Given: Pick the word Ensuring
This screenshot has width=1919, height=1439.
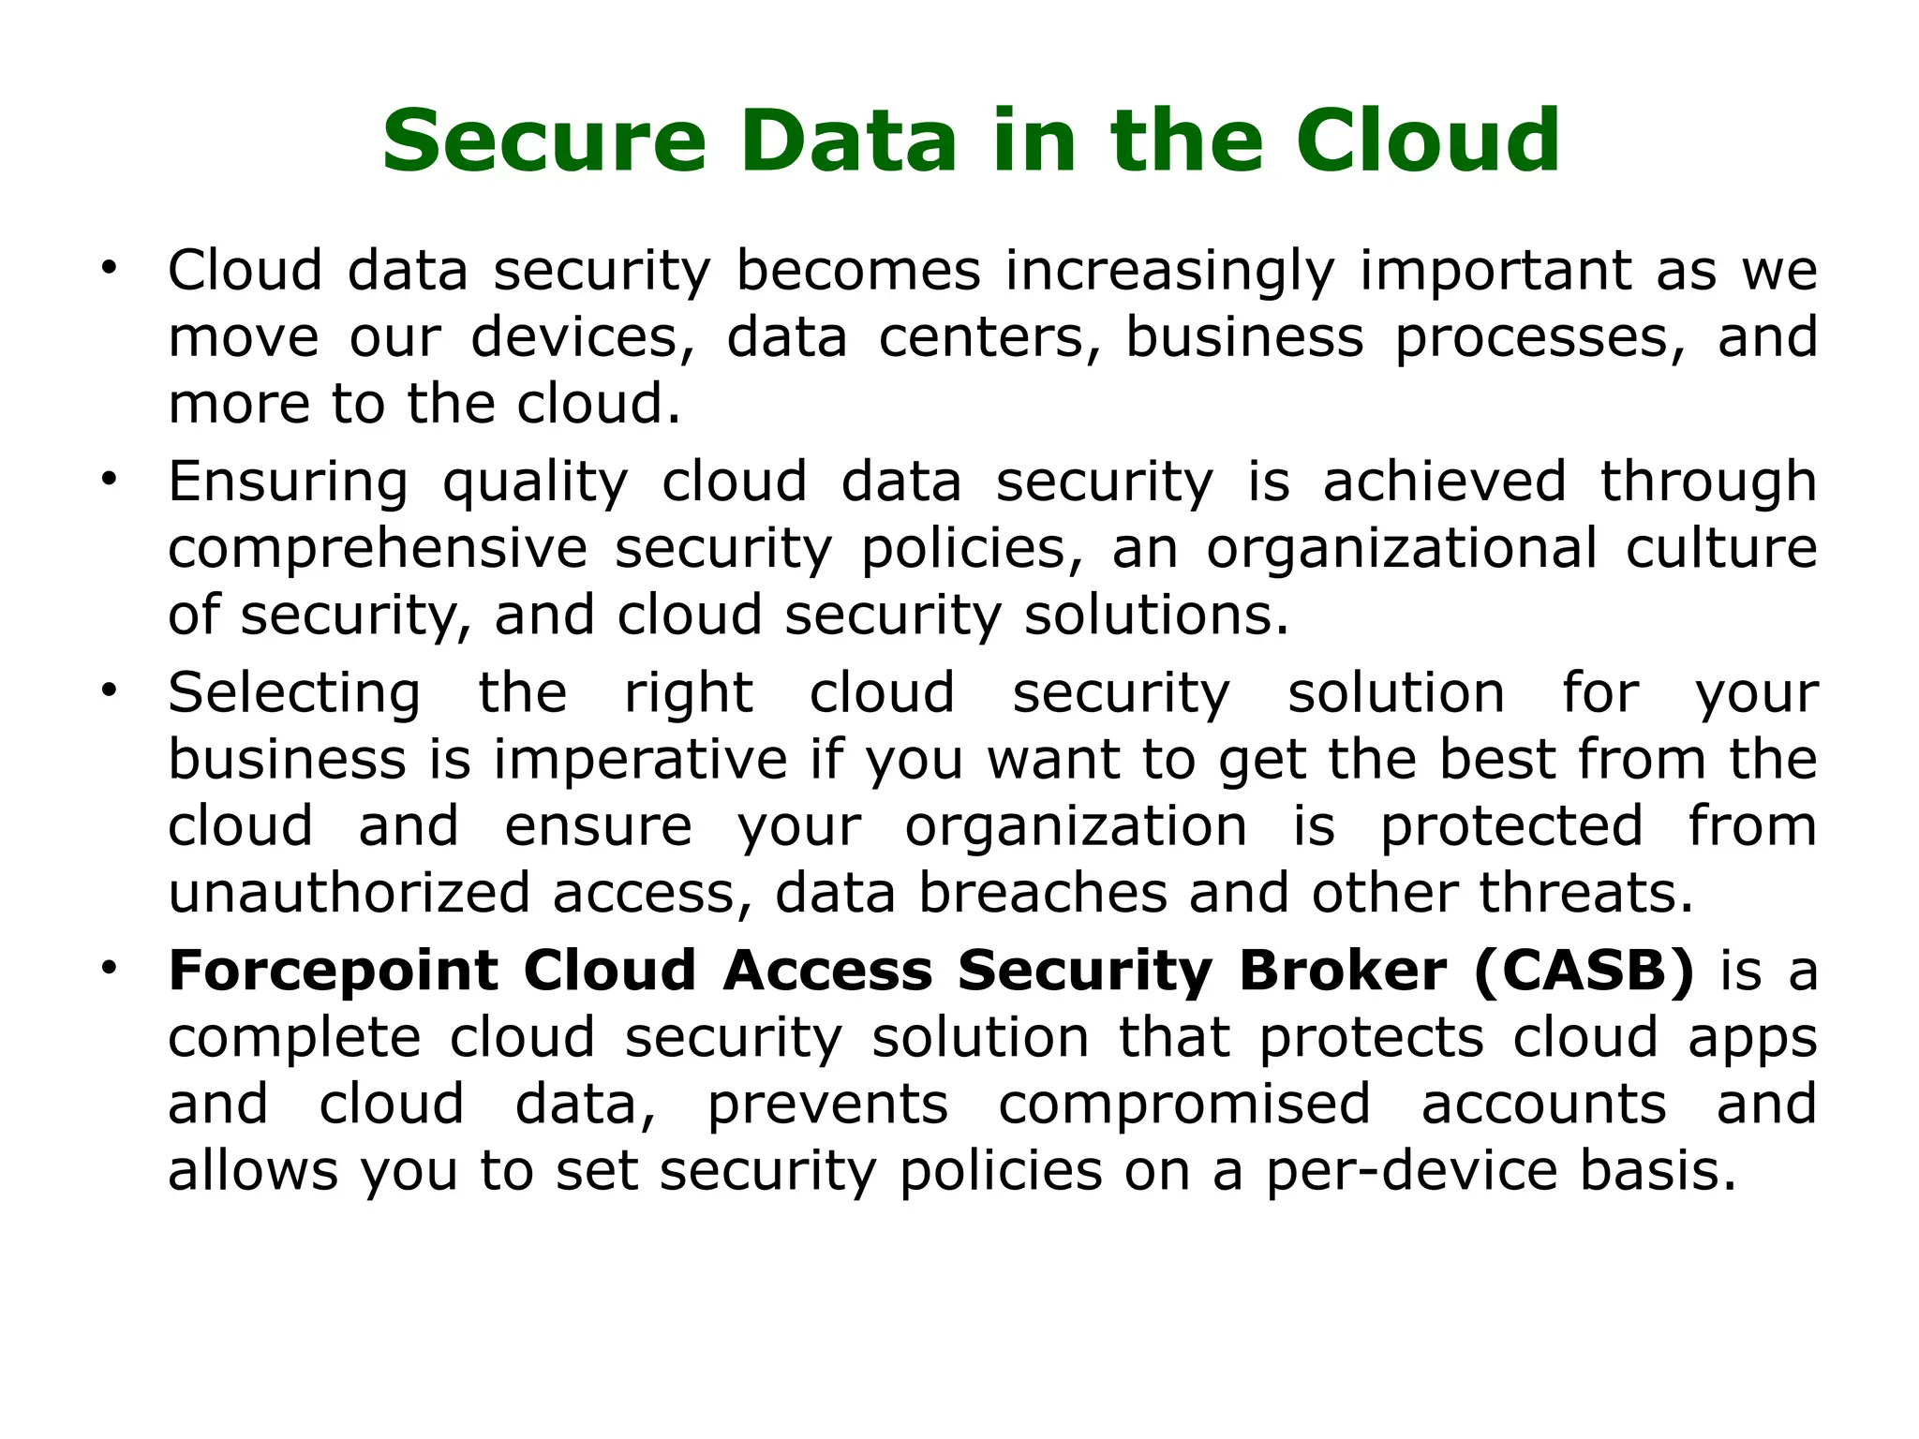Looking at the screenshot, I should (x=288, y=483).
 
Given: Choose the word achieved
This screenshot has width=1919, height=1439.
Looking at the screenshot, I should (x=1444, y=482).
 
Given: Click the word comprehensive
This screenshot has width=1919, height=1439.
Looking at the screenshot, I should (x=378, y=550).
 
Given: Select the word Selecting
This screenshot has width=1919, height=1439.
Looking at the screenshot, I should (x=294, y=694).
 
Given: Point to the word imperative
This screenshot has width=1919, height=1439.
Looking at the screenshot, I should (x=640, y=759).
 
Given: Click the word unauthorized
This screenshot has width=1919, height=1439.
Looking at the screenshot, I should (x=350, y=893).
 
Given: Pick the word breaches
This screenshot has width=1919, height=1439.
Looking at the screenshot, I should (x=1042, y=893).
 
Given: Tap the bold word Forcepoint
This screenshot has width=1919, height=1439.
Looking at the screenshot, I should (x=333, y=972).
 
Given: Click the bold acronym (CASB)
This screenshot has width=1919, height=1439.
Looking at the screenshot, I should (x=1584, y=971).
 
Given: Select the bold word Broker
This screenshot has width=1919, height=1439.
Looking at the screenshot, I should (x=1343, y=971).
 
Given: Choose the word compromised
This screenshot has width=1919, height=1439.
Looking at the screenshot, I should (x=1184, y=1104).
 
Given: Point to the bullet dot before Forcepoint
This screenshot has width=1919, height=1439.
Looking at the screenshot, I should (x=110, y=966).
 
